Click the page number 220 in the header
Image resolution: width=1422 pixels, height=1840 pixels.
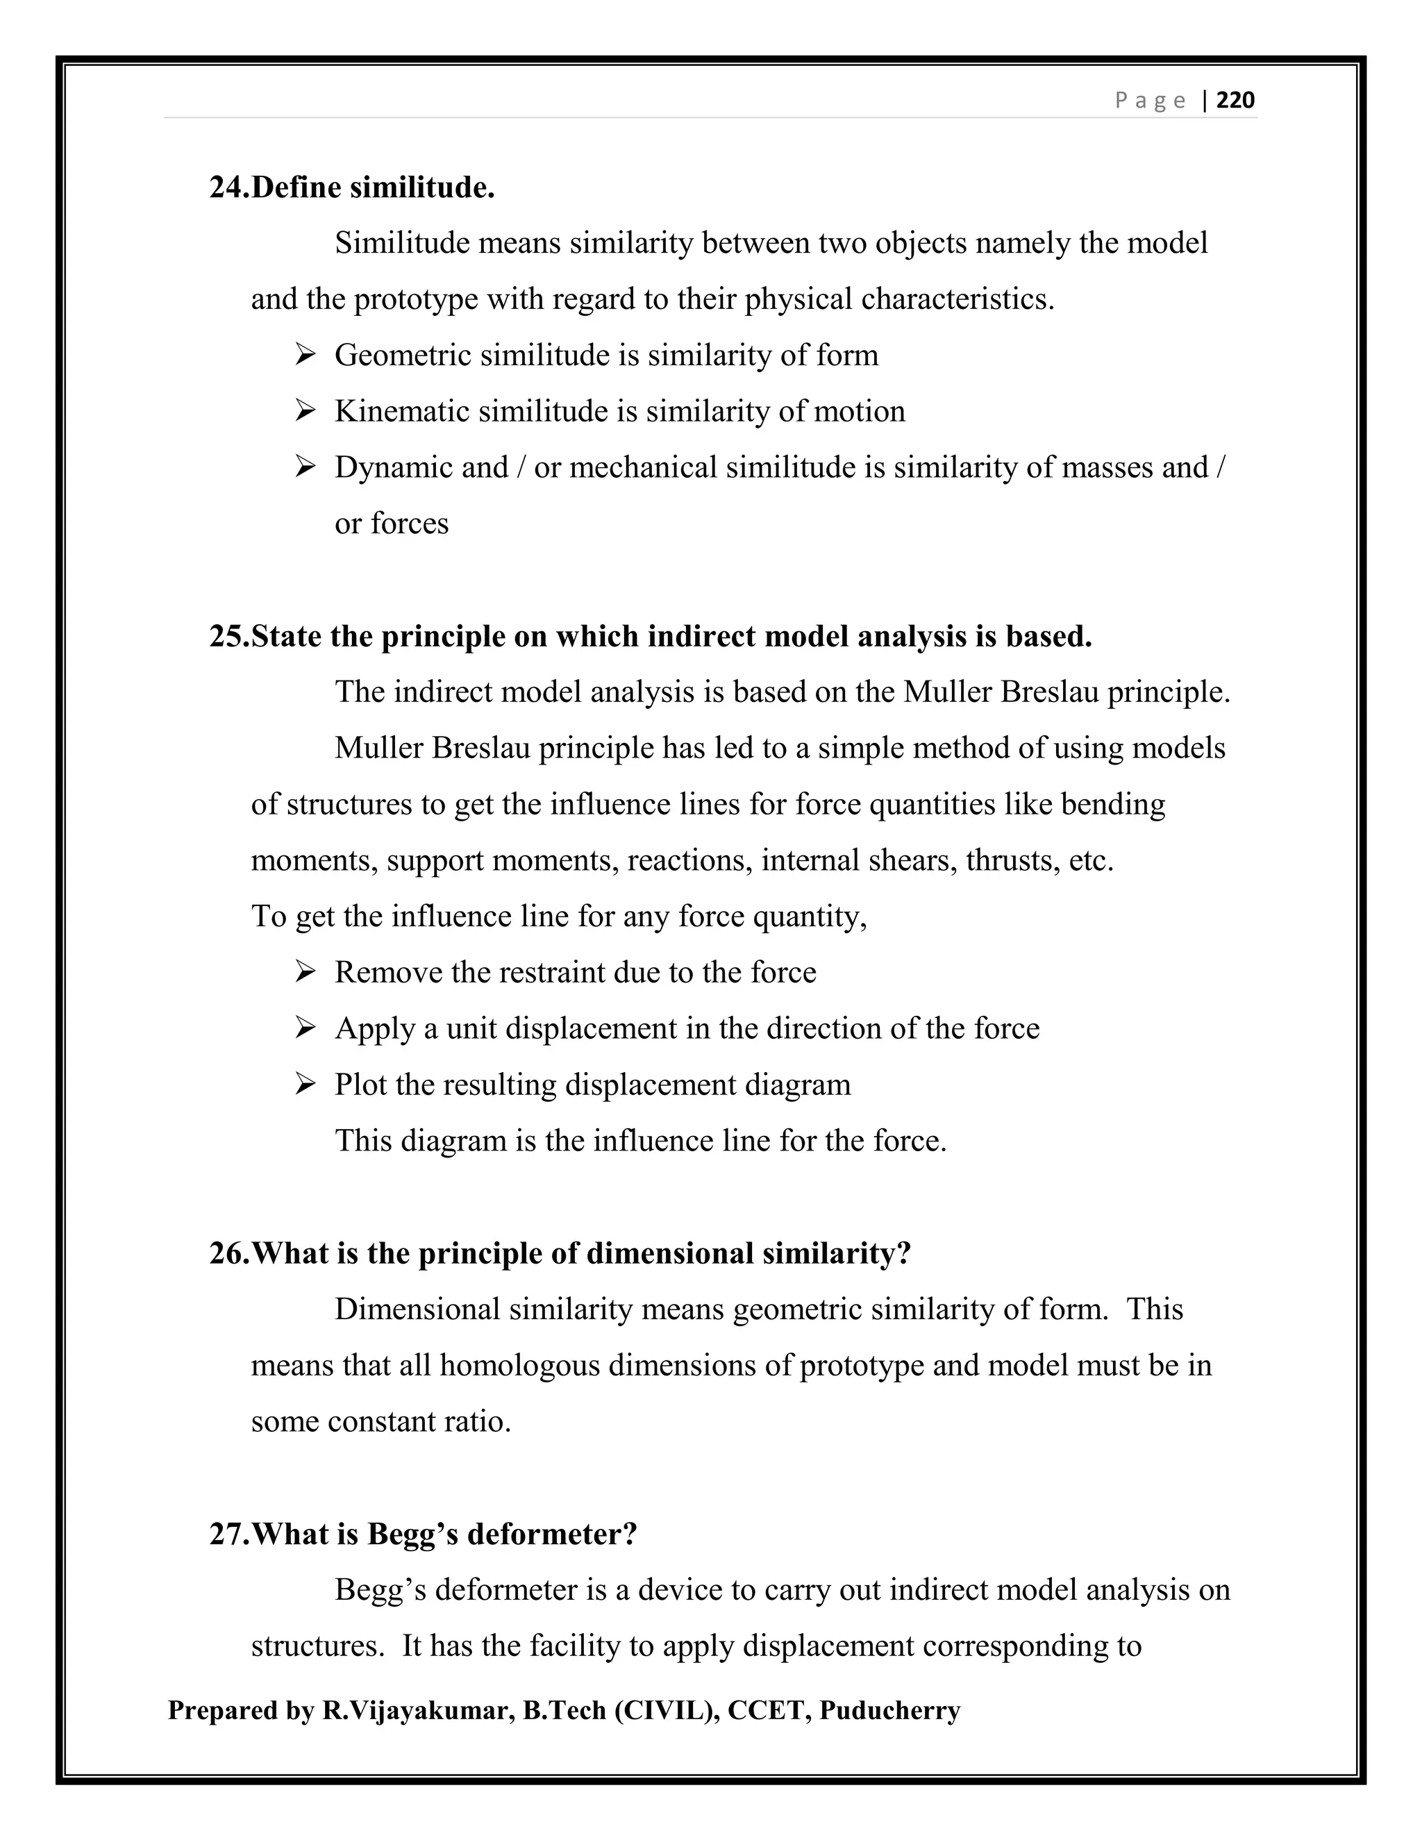click(1236, 100)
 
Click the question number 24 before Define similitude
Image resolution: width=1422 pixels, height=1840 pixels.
click(228, 187)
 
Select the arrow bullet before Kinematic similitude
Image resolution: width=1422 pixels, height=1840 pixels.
click(305, 411)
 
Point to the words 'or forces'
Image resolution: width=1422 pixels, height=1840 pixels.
click(392, 524)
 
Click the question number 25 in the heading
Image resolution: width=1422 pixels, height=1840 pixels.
click(228, 636)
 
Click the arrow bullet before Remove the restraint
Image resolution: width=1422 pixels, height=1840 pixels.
click(305, 972)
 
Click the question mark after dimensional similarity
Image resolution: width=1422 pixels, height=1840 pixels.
click(904, 1253)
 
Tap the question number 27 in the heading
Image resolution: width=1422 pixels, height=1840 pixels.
click(228, 1534)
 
